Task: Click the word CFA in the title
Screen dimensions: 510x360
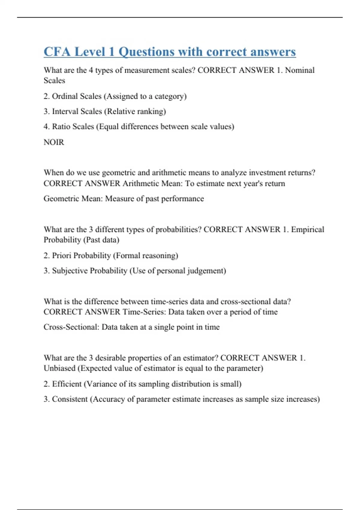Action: pyautogui.click(x=57, y=52)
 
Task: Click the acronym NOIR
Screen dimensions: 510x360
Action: pyautogui.click(x=54, y=142)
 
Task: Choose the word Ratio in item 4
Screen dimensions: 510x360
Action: pyautogui.click(x=61, y=127)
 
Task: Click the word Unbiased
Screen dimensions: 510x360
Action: pyautogui.click(x=59, y=368)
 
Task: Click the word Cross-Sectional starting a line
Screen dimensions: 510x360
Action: pyautogui.click(x=71, y=327)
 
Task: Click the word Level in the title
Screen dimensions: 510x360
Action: pyautogui.click(x=89, y=52)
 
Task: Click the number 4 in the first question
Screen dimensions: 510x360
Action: pyautogui.click(x=91, y=70)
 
